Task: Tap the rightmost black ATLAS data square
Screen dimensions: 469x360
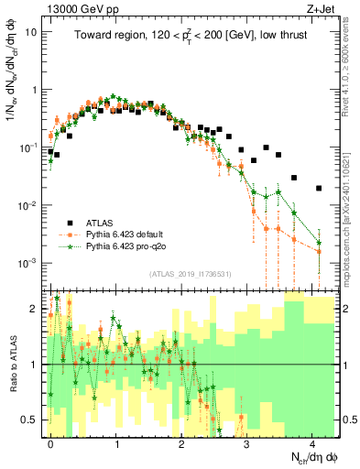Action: click(319, 189)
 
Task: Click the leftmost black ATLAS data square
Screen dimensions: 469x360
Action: click(50, 151)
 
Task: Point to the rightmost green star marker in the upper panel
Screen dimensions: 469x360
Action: click(319, 244)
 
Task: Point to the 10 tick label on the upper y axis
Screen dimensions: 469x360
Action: click(30, 31)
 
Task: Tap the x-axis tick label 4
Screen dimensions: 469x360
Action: click(312, 442)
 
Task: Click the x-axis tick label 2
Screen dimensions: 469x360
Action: click(181, 442)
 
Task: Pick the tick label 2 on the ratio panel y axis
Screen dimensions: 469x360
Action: click(36, 309)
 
